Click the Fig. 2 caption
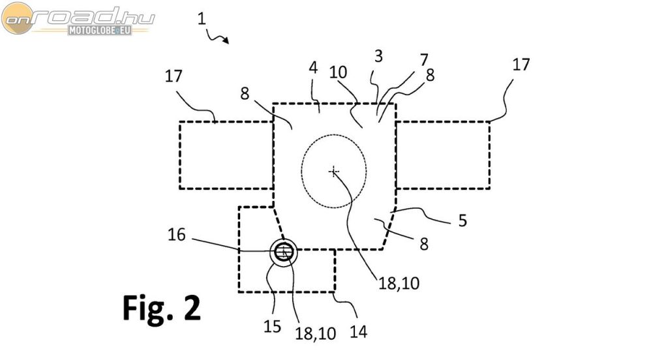[x=161, y=308]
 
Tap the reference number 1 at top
[x=202, y=20]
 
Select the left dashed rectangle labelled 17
[x=226, y=155]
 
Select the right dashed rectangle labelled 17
[x=442, y=155]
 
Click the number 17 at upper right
[x=521, y=65]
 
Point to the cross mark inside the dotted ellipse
[x=334, y=172]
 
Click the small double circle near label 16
[x=284, y=252]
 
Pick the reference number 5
[x=462, y=220]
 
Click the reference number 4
[x=313, y=68]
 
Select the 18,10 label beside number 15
[x=315, y=333]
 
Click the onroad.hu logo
[x=78, y=19]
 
